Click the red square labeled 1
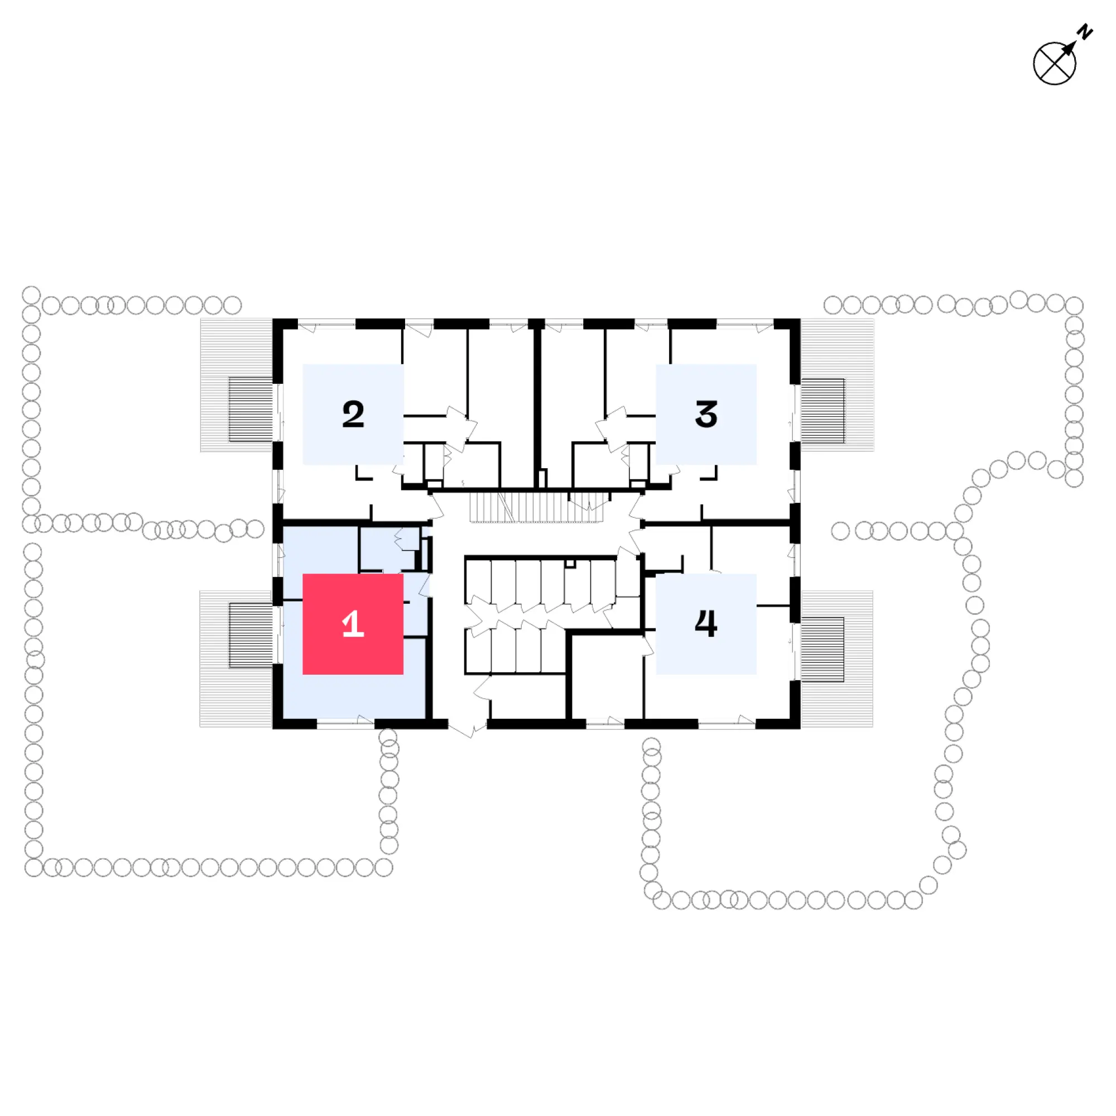tap(353, 624)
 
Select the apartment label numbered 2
tap(353, 414)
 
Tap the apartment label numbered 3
tap(706, 414)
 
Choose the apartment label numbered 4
tap(706, 624)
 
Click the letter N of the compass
tap(1085, 32)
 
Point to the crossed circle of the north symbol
tap(1054, 64)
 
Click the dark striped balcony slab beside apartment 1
tap(251, 636)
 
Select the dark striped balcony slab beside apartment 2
tap(251, 410)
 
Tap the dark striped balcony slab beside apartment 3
tap(822, 411)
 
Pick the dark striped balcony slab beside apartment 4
tap(822, 650)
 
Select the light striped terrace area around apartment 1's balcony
tap(235, 658)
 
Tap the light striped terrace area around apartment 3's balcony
tap(837, 384)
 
